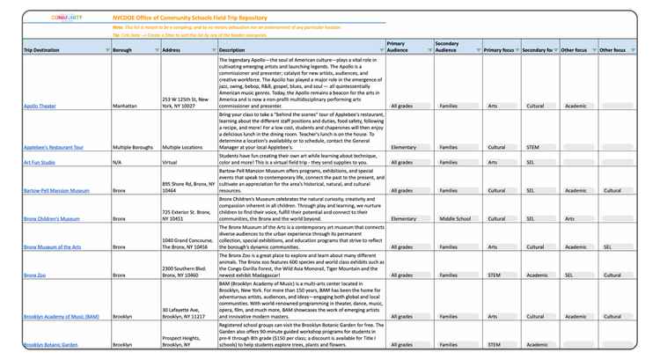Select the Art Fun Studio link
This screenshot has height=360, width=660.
[40, 162]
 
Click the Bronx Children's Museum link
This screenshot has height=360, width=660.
[51, 218]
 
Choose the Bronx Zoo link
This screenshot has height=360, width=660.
[34, 275]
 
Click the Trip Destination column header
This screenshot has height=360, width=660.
[42, 51]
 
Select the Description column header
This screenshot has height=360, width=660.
[233, 51]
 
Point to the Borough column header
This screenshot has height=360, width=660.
[124, 51]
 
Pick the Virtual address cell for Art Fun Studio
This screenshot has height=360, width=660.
[172, 162]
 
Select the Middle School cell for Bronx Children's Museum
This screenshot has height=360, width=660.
[455, 218]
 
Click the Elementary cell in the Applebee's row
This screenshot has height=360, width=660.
[404, 148]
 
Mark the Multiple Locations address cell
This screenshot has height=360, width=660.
[183, 148]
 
